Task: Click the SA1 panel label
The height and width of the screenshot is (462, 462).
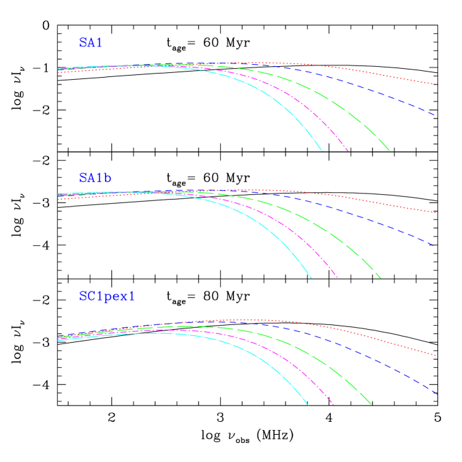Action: [91, 42]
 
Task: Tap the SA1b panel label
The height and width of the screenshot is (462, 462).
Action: [95, 178]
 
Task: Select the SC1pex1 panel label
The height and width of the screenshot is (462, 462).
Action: [107, 296]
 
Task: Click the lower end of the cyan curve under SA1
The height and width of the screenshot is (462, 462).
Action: [322, 151]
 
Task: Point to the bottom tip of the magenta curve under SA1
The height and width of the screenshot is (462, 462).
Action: [348, 151]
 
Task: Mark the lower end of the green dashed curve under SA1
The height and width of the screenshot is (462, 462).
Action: [389, 150]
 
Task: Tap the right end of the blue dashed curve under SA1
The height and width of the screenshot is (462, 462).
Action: [435, 115]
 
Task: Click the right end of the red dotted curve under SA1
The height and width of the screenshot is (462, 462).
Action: [435, 84]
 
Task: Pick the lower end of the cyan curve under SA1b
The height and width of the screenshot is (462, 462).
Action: [311, 278]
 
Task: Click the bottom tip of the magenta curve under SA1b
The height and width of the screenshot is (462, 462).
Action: [337, 278]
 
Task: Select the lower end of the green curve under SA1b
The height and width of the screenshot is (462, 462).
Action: [381, 278]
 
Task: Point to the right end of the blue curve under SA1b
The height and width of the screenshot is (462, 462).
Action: [435, 245]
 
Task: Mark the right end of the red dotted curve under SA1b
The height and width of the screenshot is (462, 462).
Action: [435, 213]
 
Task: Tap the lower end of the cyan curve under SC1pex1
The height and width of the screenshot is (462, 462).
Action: [308, 405]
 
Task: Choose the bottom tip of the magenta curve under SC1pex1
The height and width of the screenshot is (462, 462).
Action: [333, 405]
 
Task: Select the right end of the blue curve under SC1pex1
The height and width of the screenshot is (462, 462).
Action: [436, 394]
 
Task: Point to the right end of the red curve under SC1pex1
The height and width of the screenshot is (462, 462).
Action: [435, 356]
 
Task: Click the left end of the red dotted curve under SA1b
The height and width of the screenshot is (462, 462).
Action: [59, 200]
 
